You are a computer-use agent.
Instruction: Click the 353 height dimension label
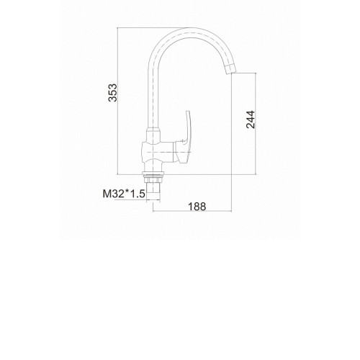[112, 93]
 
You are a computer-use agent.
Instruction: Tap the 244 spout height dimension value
[251, 120]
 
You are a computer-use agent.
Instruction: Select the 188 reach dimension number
[197, 207]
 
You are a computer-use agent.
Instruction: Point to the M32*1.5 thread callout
[124, 194]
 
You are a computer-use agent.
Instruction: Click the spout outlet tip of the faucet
[231, 70]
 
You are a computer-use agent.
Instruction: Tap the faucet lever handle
[185, 138]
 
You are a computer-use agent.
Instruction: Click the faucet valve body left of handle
[157, 152]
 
